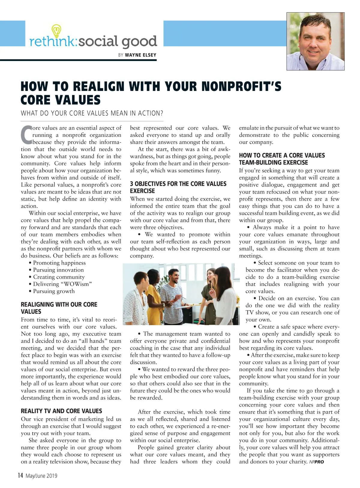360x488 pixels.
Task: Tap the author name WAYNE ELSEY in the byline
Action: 140,55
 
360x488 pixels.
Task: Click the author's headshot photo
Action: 315,41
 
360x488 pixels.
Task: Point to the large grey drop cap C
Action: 26,135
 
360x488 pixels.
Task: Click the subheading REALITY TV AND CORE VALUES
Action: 61,411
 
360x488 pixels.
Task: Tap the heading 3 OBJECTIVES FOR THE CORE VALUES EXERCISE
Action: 178,187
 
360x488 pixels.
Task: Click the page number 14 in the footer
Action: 20,475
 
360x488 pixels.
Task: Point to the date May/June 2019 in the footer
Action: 41,476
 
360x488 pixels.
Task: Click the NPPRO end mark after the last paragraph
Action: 316,462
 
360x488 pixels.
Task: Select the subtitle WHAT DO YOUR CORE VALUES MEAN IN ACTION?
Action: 92,113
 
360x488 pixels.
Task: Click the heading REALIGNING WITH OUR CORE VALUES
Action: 59,308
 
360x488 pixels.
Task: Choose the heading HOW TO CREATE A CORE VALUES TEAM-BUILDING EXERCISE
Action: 282,159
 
